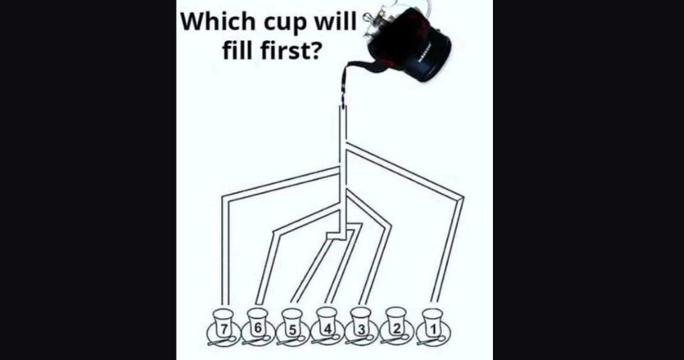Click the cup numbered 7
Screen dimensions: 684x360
point(223,324)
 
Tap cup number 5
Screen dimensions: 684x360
point(292,324)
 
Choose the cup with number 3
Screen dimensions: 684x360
point(361,324)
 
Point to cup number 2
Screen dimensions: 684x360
point(396,324)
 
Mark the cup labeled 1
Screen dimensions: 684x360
point(432,324)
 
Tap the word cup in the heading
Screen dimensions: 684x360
point(283,23)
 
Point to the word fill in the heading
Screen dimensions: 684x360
point(238,50)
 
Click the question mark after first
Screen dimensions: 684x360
point(317,50)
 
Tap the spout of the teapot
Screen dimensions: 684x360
point(355,70)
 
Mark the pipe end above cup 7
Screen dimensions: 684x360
point(225,303)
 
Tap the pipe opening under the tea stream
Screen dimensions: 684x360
point(343,106)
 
